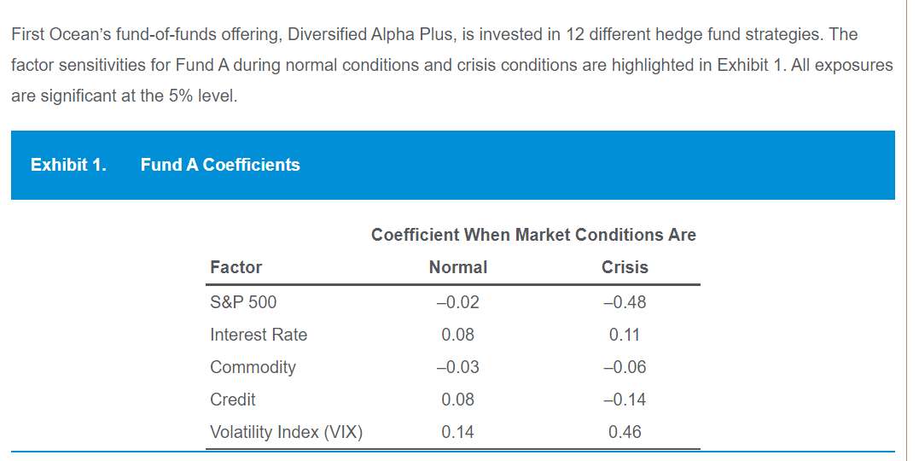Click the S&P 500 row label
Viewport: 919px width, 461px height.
pyautogui.click(x=243, y=302)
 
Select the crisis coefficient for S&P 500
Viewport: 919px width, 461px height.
pyautogui.click(x=625, y=302)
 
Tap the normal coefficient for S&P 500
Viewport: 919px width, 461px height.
pyautogui.click(x=457, y=302)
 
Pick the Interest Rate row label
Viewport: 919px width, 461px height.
pyautogui.click(x=259, y=335)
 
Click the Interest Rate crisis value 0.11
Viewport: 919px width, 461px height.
pyautogui.click(x=625, y=335)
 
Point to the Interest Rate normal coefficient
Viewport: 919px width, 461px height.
pyautogui.click(x=458, y=335)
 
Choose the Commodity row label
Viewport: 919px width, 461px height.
pyautogui.click(x=253, y=367)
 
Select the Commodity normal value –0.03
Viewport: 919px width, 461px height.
pyautogui.click(x=457, y=367)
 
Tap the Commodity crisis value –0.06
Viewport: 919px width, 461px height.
pyautogui.click(x=625, y=367)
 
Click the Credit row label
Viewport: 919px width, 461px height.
pyautogui.click(x=233, y=400)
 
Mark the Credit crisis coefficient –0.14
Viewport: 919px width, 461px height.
pyautogui.click(x=625, y=400)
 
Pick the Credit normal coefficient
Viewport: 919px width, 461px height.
pyautogui.click(x=458, y=400)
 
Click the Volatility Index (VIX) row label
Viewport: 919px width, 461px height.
pyautogui.click(x=286, y=432)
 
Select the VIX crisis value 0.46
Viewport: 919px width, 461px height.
pyautogui.click(x=625, y=432)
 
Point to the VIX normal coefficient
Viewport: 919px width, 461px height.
pyautogui.click(x=458, y=432)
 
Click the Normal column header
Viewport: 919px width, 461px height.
pyautogui.click(x=458, y=267)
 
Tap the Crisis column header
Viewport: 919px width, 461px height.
pyautogui.click(x=625, y=267)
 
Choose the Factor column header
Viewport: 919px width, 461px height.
pyautogui.click(x=236, y=267)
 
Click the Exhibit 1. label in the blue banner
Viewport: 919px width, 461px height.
pyautogui.click(x=68, y=165)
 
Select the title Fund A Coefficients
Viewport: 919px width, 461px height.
pyautogui.click(x=220, y=165)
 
